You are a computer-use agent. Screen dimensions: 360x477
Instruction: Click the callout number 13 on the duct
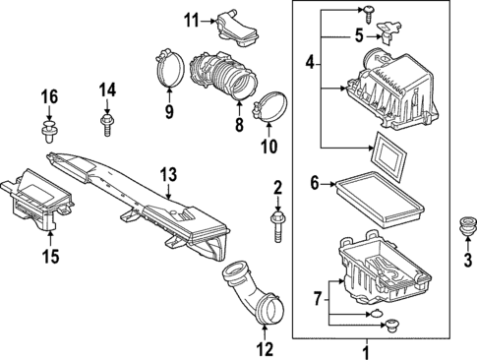[x=168, y=175]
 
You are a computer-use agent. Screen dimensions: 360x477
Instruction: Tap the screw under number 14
[x=106, y=124]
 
